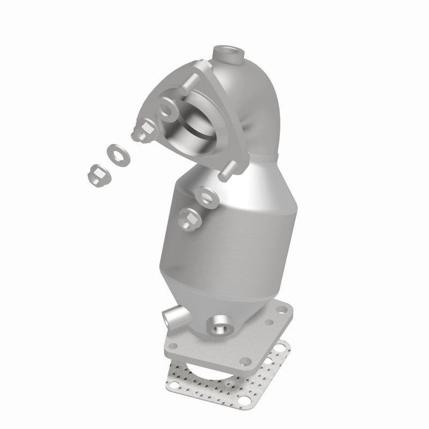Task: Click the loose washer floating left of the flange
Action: point(114,152)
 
